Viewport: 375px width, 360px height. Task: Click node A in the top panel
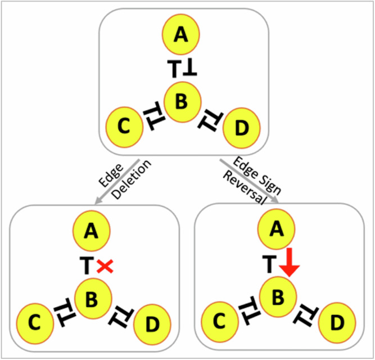pyautogui.click(x=180, y=36)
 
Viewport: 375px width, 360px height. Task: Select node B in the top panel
pyautogui.click(x=180, y=101)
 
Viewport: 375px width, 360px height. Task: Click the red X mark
pyautogui.click(x=103, y=267)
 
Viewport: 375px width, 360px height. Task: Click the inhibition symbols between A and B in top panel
pyautogui.click(x=182, y=69)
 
